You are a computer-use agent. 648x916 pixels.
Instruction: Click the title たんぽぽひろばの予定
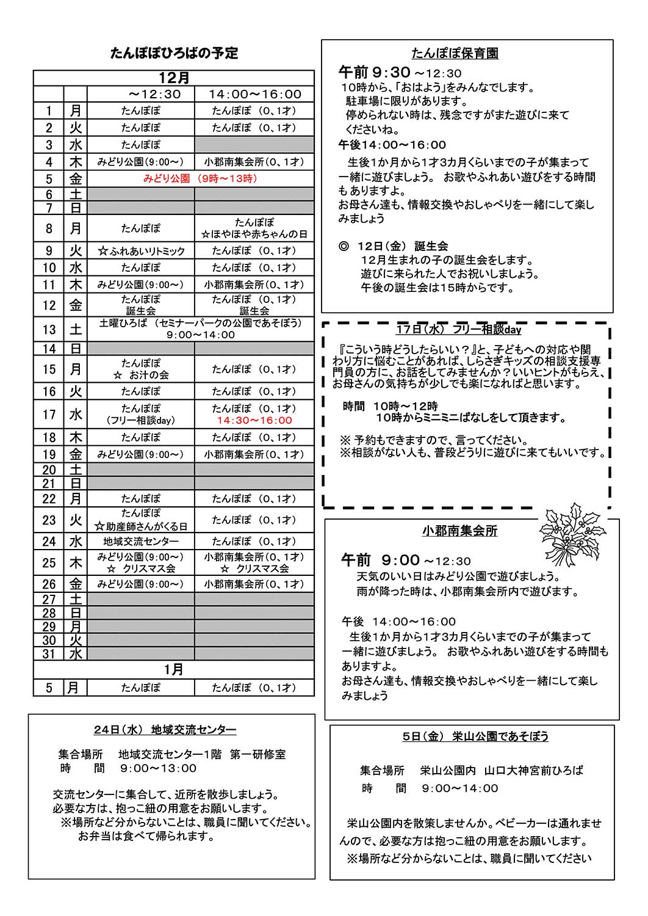click(174, 53)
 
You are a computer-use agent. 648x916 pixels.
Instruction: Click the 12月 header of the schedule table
click(174, 78)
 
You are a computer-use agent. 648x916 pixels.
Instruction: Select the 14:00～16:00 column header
click(254, 94)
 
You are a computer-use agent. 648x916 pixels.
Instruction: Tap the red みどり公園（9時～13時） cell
click(200, 178)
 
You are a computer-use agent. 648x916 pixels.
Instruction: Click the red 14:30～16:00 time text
click(254, 420)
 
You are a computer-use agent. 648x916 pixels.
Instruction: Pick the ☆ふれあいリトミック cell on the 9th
click(141, 251)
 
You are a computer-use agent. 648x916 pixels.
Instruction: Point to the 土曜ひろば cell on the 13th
click(200, 329)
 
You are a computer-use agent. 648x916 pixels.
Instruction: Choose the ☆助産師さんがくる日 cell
click(141, 526)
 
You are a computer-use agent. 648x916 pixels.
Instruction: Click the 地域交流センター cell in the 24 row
click(141, 542)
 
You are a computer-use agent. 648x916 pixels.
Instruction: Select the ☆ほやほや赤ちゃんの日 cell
click(254, 234)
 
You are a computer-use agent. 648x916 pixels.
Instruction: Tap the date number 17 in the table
click(49, 415)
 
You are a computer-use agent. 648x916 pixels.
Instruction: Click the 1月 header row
click(174, 670)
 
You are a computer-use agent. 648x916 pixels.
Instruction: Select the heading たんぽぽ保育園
click(455, 54)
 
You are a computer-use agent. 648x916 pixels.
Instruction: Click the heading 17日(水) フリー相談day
click(459, 330)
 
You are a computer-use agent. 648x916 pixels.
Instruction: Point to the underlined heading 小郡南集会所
click(459, 531)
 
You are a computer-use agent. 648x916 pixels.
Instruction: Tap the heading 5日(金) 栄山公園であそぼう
click(475, 736)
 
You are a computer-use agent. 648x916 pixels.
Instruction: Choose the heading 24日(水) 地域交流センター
click(165, 730)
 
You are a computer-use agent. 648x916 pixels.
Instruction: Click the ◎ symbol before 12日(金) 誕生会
click(344, 246)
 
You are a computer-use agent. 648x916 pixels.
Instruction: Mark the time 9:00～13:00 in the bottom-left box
click(158, 768)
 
